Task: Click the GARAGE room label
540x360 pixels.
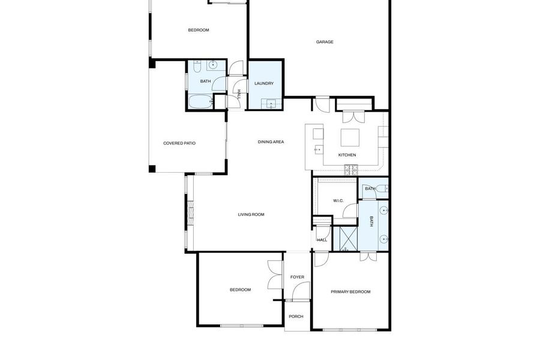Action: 325,42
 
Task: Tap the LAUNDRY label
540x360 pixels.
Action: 264,83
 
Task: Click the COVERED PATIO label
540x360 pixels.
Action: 179,143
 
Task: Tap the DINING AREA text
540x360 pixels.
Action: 271,142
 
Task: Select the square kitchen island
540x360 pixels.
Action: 350,138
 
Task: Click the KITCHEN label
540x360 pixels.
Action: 347,155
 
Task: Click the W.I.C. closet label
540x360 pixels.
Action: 338,200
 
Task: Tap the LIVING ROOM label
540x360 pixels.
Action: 251,214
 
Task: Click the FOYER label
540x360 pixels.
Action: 297,277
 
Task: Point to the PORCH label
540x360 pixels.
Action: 296,317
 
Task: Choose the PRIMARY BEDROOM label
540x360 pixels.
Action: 350,292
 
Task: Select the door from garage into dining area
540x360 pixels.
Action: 322,104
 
